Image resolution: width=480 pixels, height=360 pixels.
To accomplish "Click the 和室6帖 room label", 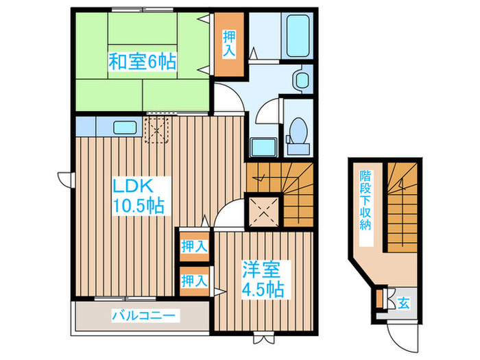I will coord(141,62).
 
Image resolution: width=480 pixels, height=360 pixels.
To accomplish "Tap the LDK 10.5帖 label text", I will coord(139,195).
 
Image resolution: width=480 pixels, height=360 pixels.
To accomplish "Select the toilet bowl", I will coord(298,130).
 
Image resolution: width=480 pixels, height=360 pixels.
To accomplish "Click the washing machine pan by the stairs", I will coord(261,147).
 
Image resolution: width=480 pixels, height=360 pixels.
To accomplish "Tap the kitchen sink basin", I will coord(124,128).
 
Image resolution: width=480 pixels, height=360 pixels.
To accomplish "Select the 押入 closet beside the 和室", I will coord(228,44).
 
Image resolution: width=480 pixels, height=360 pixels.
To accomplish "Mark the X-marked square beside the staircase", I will coord(264,211).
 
